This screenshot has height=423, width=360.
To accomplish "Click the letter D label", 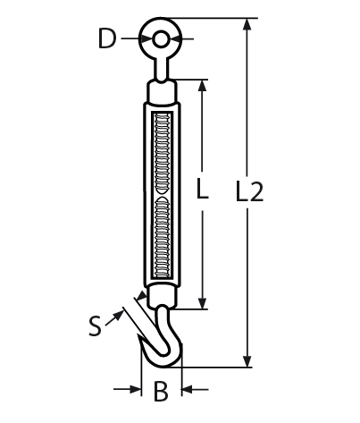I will coord(107,39).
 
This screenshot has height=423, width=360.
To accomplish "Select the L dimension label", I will coord(202,190).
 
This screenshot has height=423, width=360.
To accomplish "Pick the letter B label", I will coord(161,391).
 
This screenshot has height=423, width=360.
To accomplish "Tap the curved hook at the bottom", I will coord(163,344).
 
